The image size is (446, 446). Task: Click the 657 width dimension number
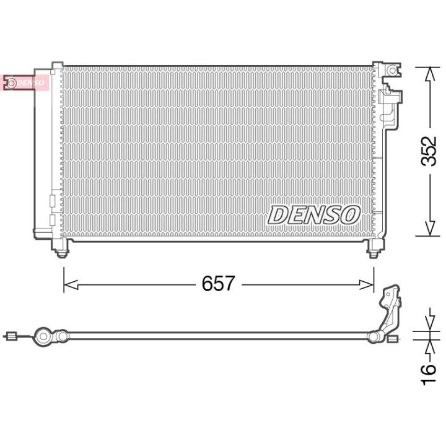coord(218,283)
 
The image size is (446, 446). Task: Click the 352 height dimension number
coord(429,151)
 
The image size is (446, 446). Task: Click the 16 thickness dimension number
coord(429,375)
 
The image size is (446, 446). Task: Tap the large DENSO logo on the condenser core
coord(313,215)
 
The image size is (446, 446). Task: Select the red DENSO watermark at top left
coord(25,83)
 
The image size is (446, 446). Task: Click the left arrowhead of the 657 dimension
coord(71,284)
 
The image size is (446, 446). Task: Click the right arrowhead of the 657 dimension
coord(366,284)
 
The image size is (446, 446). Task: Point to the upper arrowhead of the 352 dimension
coord(431,75)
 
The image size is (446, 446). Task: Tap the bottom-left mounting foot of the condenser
coord(60,247)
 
